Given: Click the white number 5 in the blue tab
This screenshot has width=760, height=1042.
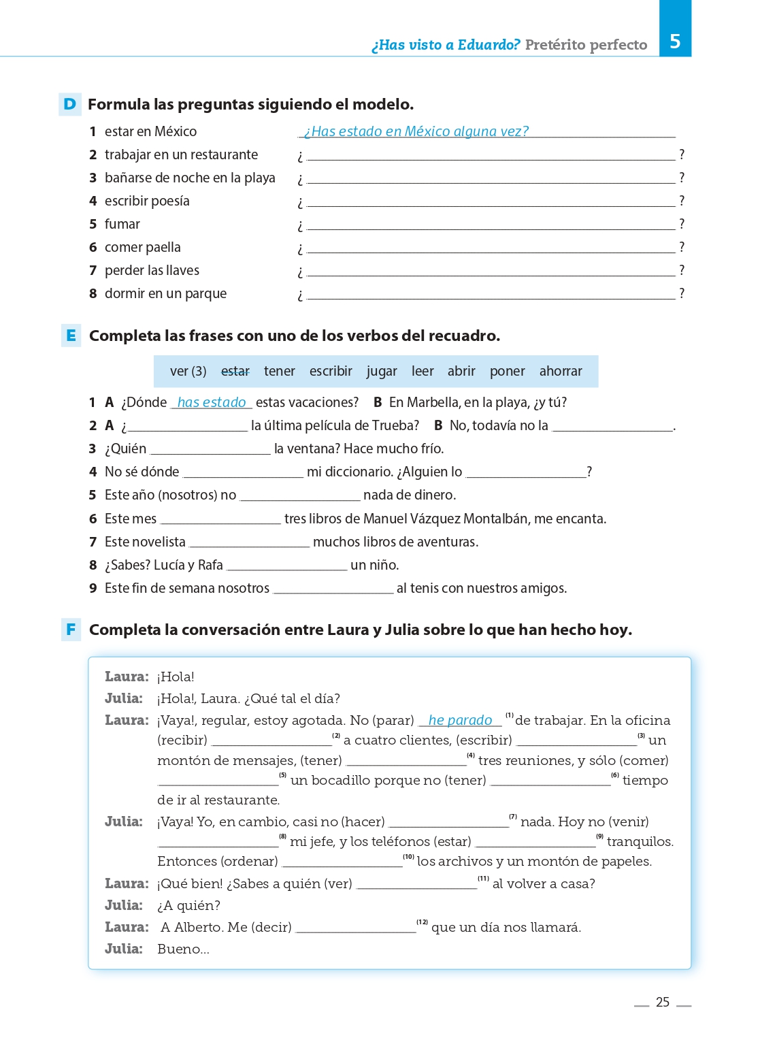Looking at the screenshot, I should pyautogui.click(x=674, y=42).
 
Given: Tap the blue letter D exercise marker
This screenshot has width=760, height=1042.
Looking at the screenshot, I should pyautogui.click(x=69, y=104).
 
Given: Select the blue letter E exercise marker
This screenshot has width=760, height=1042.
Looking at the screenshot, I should pyautogui.click(x=71, y=336).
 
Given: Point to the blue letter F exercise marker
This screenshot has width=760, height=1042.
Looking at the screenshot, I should pyautogui.click(x=71, y=630).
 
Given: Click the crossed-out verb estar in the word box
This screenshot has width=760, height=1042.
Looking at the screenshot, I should pyautogui.click(x=235, y=371).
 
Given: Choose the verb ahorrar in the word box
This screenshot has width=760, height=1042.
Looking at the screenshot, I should pyautogui.click(x=560, y=371).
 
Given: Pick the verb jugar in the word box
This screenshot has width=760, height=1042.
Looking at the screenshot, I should pyautogui.click(x=381, y=371).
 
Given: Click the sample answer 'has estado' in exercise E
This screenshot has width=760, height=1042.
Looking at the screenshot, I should pyautogui.click(x=212, y=402).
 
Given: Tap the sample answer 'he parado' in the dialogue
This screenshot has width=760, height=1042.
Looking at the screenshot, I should pyautogui.click(x=460, y=720).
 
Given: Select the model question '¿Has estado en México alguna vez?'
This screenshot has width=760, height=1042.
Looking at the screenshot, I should pyautogui.click(x=416, y=131).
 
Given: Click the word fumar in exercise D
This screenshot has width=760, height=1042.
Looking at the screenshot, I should pyautogui.click(x=122, y=224).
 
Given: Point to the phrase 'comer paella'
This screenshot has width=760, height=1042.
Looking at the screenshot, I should pyautogui.click(x=143, y=247).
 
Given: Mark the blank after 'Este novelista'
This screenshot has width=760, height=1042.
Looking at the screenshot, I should pyautogui.click(x=249, y=544).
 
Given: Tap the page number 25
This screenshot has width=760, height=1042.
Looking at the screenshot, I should pyautogui.click(x=662, y=1002).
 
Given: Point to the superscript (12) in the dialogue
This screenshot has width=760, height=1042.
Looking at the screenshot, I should pyautogui.click(x=423, y=922).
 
